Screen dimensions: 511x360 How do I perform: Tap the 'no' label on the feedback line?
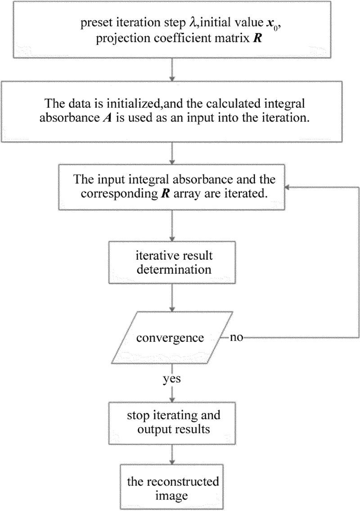(237, 338)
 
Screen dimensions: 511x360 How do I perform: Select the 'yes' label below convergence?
(171, 379)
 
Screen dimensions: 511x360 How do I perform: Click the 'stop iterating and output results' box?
(173, 422)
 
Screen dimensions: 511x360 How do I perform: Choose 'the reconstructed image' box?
(173, 489)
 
